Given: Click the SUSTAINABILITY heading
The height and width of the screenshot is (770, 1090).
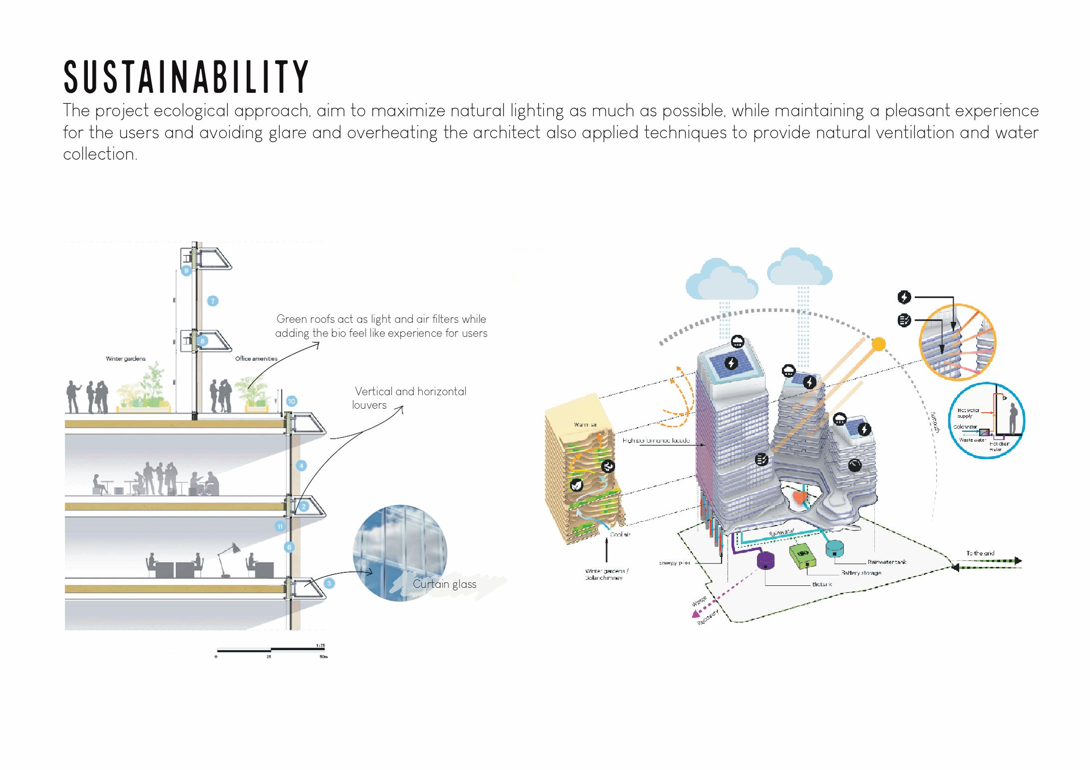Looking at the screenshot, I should click(187, 77).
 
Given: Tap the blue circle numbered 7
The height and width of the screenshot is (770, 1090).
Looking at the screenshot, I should click(213, 301).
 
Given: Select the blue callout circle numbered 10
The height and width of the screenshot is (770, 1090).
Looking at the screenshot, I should click(291, 401).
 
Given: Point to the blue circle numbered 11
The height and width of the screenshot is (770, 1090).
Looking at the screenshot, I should click(280, 526).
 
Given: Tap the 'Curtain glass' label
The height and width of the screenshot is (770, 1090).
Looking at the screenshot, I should click(444, 584).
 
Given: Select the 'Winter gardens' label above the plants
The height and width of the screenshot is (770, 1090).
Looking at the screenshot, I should click(125, 359).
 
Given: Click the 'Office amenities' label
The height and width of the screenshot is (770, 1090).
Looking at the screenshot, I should click(256, 359).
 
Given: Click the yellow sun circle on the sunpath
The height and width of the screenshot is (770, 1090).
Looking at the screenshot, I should click(878, 344).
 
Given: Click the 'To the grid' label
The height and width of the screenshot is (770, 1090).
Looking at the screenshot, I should click(980, 553).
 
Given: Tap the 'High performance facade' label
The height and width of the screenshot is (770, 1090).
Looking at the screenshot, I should click(656, 441).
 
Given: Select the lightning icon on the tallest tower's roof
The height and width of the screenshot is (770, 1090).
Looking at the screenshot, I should click(731, 363).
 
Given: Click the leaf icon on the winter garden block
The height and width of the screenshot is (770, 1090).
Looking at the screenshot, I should click(576, 485).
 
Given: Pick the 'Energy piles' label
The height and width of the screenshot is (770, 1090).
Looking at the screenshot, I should click(674, 563).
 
